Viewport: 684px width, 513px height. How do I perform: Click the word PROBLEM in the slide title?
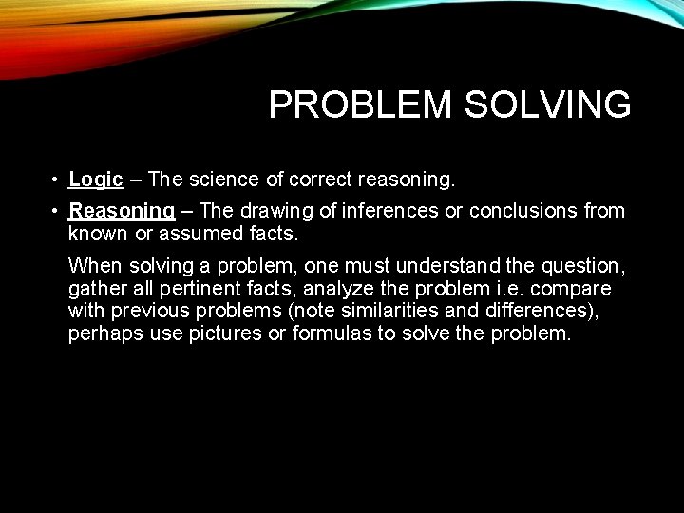[x=360, y=104]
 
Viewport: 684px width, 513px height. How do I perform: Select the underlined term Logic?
[x=96, y=179]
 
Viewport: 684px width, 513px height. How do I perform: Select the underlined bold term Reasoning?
[x=122, y=210]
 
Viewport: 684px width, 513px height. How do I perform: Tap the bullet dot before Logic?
[x=58, y=180]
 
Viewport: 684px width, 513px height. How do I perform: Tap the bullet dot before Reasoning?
[x=58, y=211]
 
